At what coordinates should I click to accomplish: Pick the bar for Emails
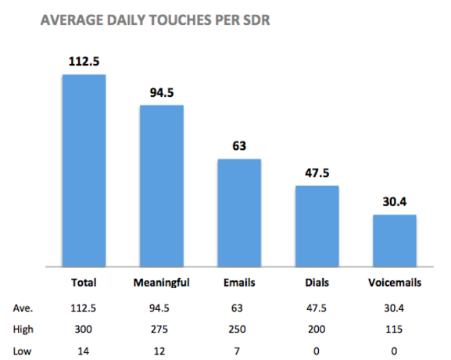click(x=239, y=212)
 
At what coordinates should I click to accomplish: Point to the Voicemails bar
click(x=394, y=240)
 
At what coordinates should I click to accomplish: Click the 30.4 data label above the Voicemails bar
click(x=394, y=202)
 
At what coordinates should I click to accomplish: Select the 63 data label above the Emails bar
click(x=239, y=147)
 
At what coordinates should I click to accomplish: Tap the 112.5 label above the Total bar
click(x=84, y=62)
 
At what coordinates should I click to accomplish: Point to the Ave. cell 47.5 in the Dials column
click(x=317, y=307)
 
